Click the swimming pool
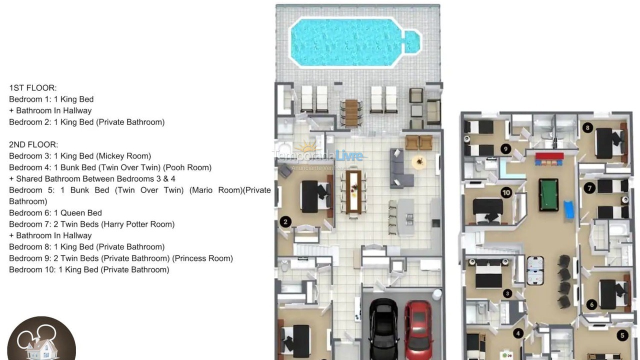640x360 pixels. pyautogui.click(x=350, y=42)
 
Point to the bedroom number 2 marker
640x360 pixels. pyautogui.click(x=285, y=222)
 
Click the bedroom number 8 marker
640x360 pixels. pyautogui.click(x=587, y=127)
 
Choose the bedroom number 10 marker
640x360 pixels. pyautogui.click(x=506, y=192)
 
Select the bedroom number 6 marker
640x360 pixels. pyautogui.click(x=592, y=304)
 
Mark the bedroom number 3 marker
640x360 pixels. pyautogui.click(x=507, y=293)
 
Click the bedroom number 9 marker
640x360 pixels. pyautogui.click(x=505, y=148)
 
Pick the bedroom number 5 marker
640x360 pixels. pyautogui.click(x=622, y=335)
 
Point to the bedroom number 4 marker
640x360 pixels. pyautogui.click(x=518, y=333)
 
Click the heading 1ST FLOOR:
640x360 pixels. pyautogui.click(x=33, y=88)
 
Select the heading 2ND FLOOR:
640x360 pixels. pyautogui.click(x=33, y=144)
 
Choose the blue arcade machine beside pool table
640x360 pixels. pyautogui.click(x=569, y=209)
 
